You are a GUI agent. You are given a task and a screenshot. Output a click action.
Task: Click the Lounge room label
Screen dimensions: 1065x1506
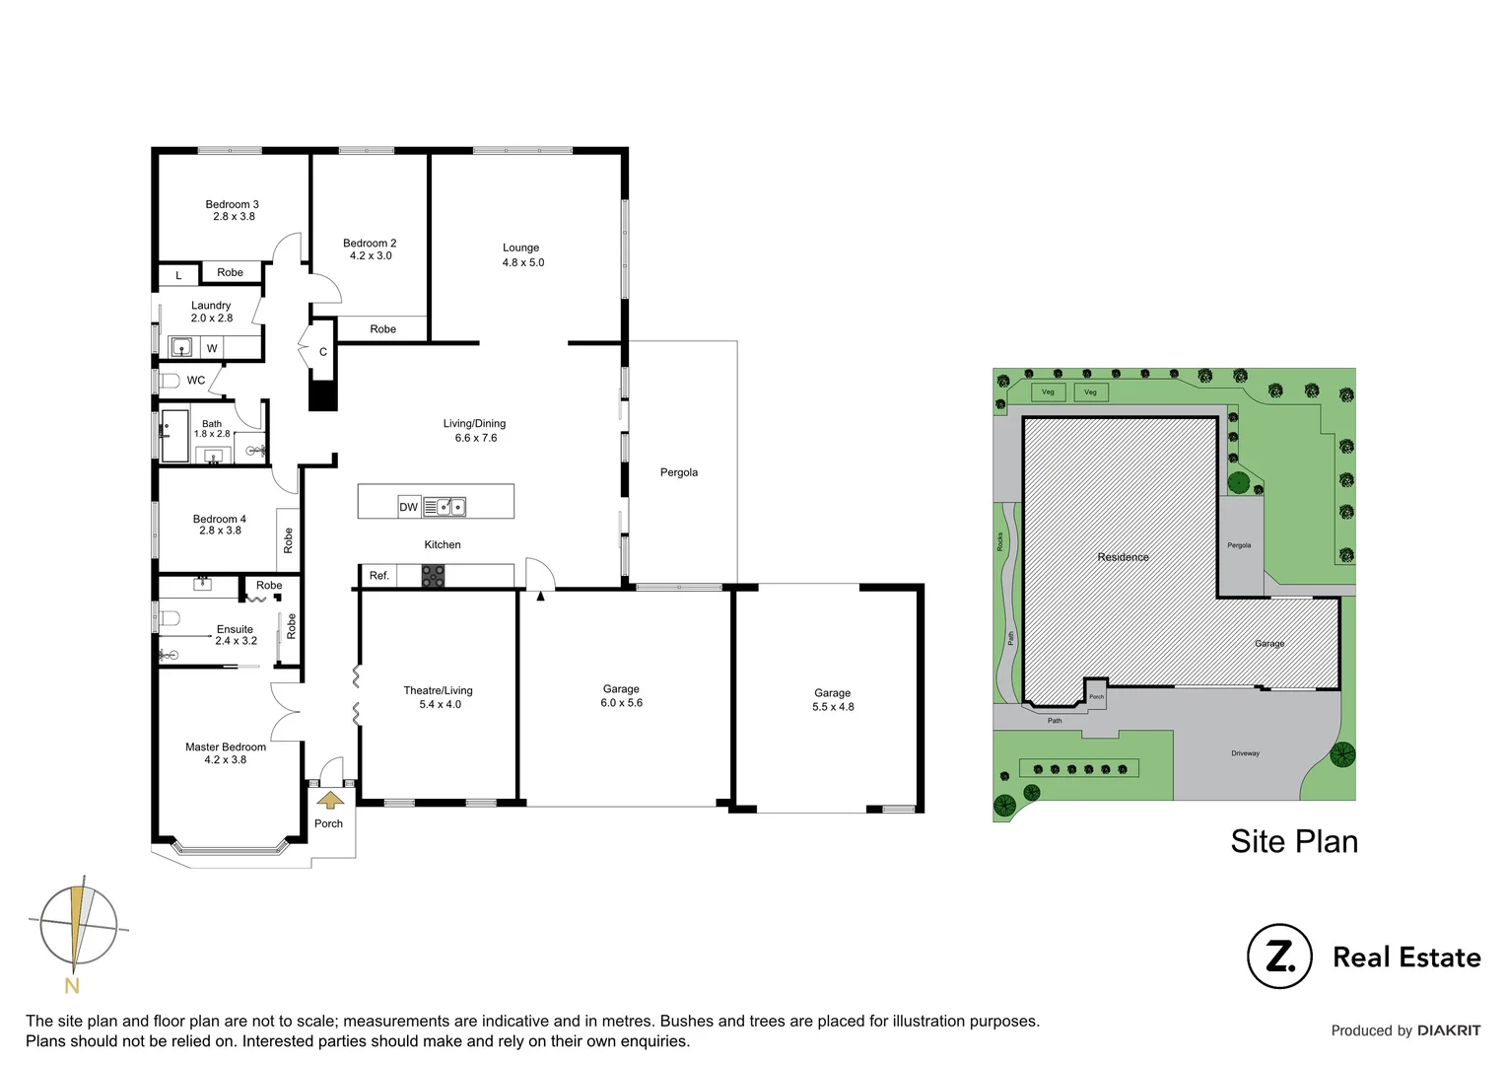point(521,248)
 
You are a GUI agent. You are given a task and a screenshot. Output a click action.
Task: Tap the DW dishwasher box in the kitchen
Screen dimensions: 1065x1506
point(409,507)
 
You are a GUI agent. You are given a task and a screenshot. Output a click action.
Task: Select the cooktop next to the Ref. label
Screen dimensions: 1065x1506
point(433,576)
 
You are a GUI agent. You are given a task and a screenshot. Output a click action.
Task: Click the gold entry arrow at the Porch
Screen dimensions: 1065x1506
point(329,800)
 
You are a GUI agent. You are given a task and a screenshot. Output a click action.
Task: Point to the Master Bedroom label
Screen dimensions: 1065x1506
point(226,747)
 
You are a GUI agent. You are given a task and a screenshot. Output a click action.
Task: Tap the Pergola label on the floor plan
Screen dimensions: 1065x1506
point(679,472)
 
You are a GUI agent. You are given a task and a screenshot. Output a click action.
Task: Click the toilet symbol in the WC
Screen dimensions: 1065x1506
point(170,381)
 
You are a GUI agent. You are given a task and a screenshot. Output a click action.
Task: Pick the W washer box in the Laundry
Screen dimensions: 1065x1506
point(212,348)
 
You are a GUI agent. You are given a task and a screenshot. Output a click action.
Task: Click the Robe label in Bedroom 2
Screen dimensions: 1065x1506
point(383,329)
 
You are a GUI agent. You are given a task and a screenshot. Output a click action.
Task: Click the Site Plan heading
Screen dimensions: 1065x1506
point(1293,841)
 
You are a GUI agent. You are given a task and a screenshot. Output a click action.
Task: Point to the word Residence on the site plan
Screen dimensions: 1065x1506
point(1123,557)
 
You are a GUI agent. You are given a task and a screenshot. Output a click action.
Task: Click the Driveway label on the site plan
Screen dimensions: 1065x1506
point(1245,753)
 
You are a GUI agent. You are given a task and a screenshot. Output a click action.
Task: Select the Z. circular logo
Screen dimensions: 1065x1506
point(1279,956)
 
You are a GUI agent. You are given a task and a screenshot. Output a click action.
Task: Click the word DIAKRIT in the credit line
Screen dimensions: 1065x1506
point(1449,1030)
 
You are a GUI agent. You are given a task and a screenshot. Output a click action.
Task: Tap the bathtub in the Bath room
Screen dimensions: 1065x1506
point(175,436)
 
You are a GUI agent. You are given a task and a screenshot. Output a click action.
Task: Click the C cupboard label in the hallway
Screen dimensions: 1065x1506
point(323,352)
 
